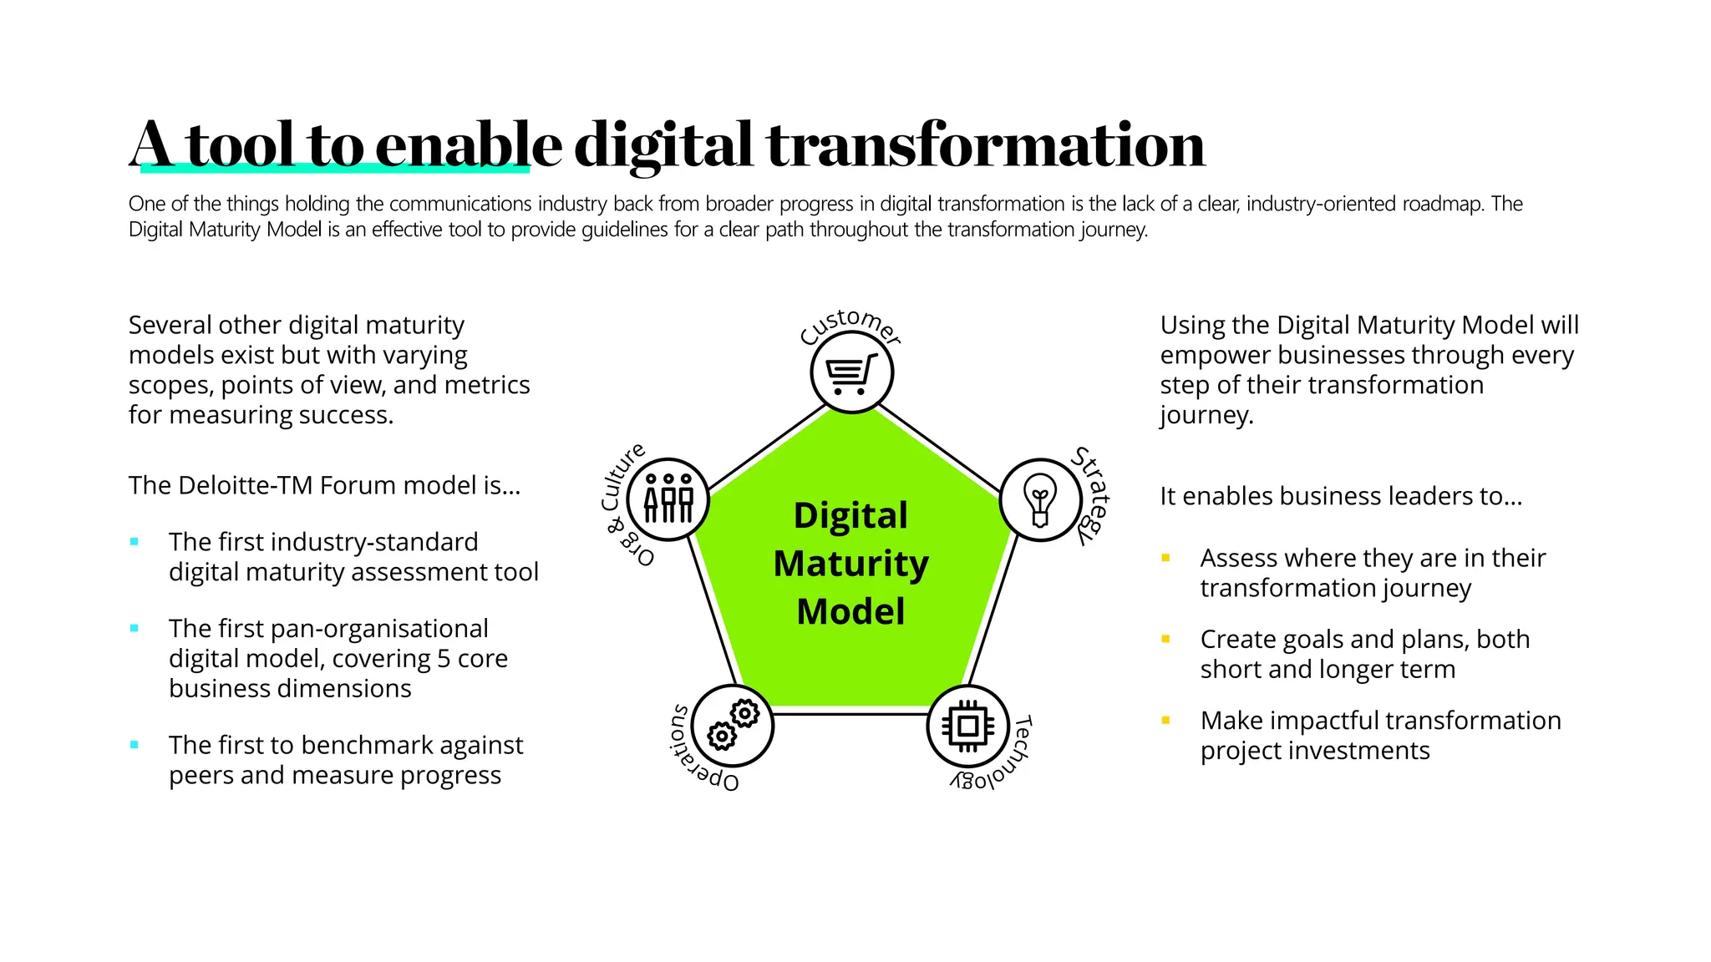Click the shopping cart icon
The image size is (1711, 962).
pyautogui.click(x=851, y=372)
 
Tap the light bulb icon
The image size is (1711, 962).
pyautogui.click(x=1040, y=499)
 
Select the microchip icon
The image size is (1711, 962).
pyautogui.click(x=967, y=726)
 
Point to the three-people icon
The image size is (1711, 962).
pyautogui.click(x=668, y=499)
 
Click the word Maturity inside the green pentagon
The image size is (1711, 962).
pyautogui.click(x=850, y=564)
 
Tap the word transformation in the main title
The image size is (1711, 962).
pyautogui.click(x=986, y=144)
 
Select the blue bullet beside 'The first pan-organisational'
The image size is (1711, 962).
pyautogui.click(x=135, y=629)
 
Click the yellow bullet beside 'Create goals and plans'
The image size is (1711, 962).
pyautogui.click(x=1165, y=640)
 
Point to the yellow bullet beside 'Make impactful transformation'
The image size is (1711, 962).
pyautogui.click(x=1165, y=721)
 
